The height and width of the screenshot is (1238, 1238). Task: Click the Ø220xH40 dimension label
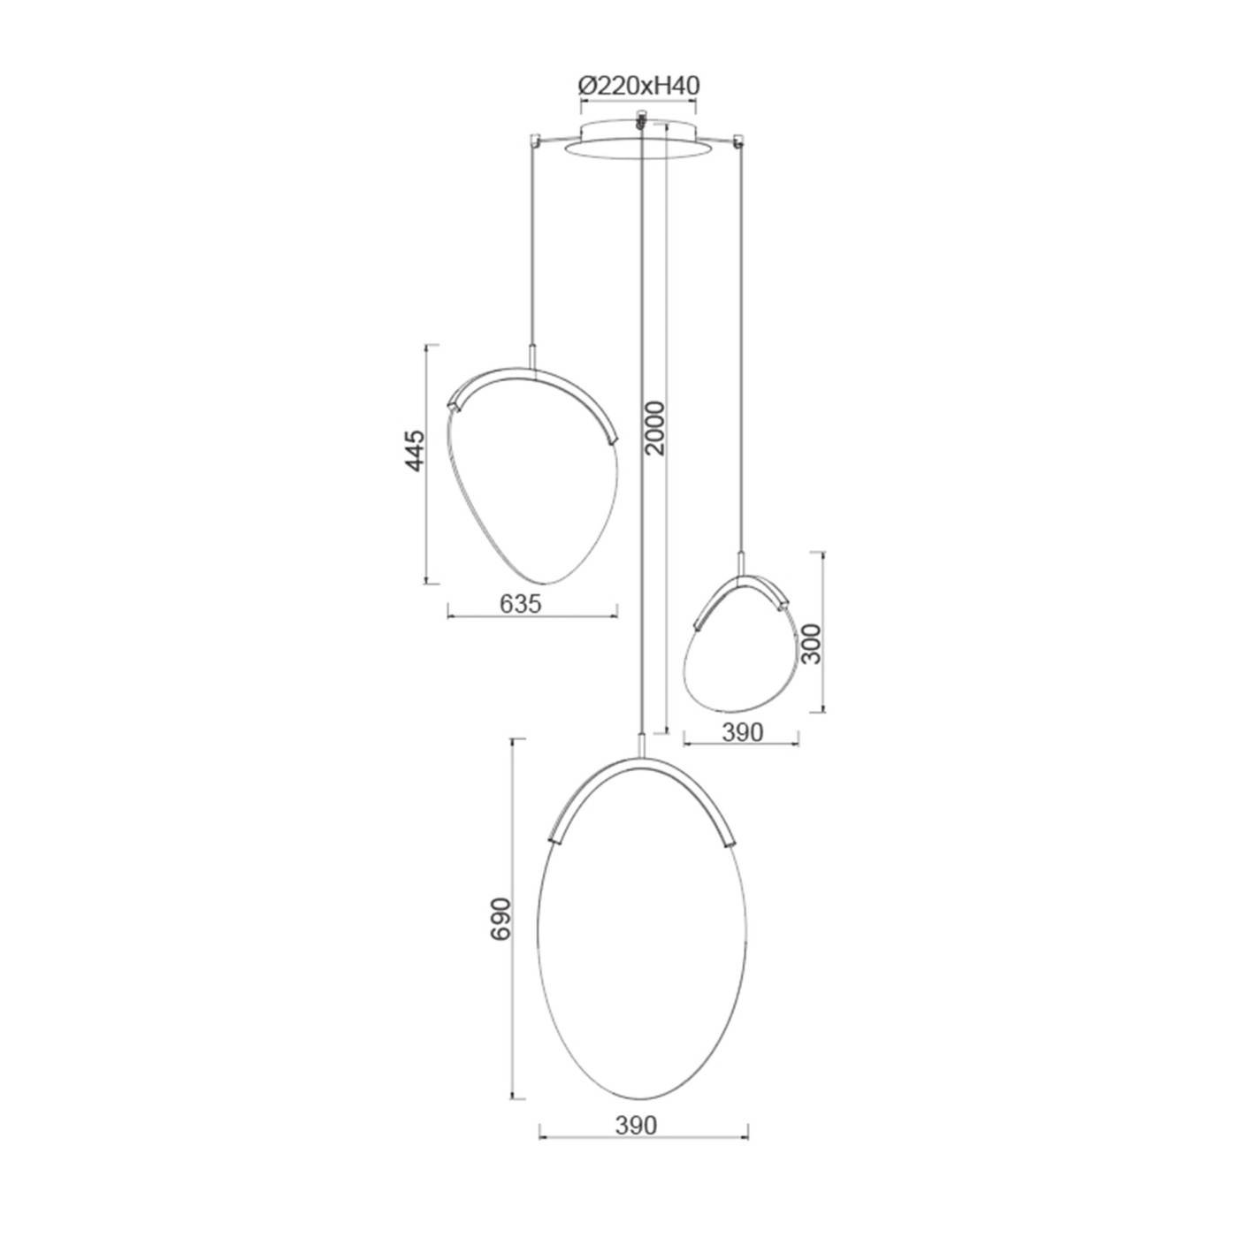pyautogui.click(x=638, y=86)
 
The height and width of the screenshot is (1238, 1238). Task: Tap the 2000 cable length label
pyautogui.click(x=655, y=428)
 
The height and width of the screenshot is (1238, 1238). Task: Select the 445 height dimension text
pyautogui.click(x=415, y=451)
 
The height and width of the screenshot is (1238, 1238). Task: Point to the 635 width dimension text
pyautogui.click(x=521, y=604)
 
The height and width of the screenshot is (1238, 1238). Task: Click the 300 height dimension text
pyautogui.click(x=813, y=644)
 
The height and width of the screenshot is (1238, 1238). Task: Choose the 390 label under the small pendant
pyautogui.click(x=743, y=732)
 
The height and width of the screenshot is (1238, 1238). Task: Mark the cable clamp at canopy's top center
pyautogui.click(x=639, y=119)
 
